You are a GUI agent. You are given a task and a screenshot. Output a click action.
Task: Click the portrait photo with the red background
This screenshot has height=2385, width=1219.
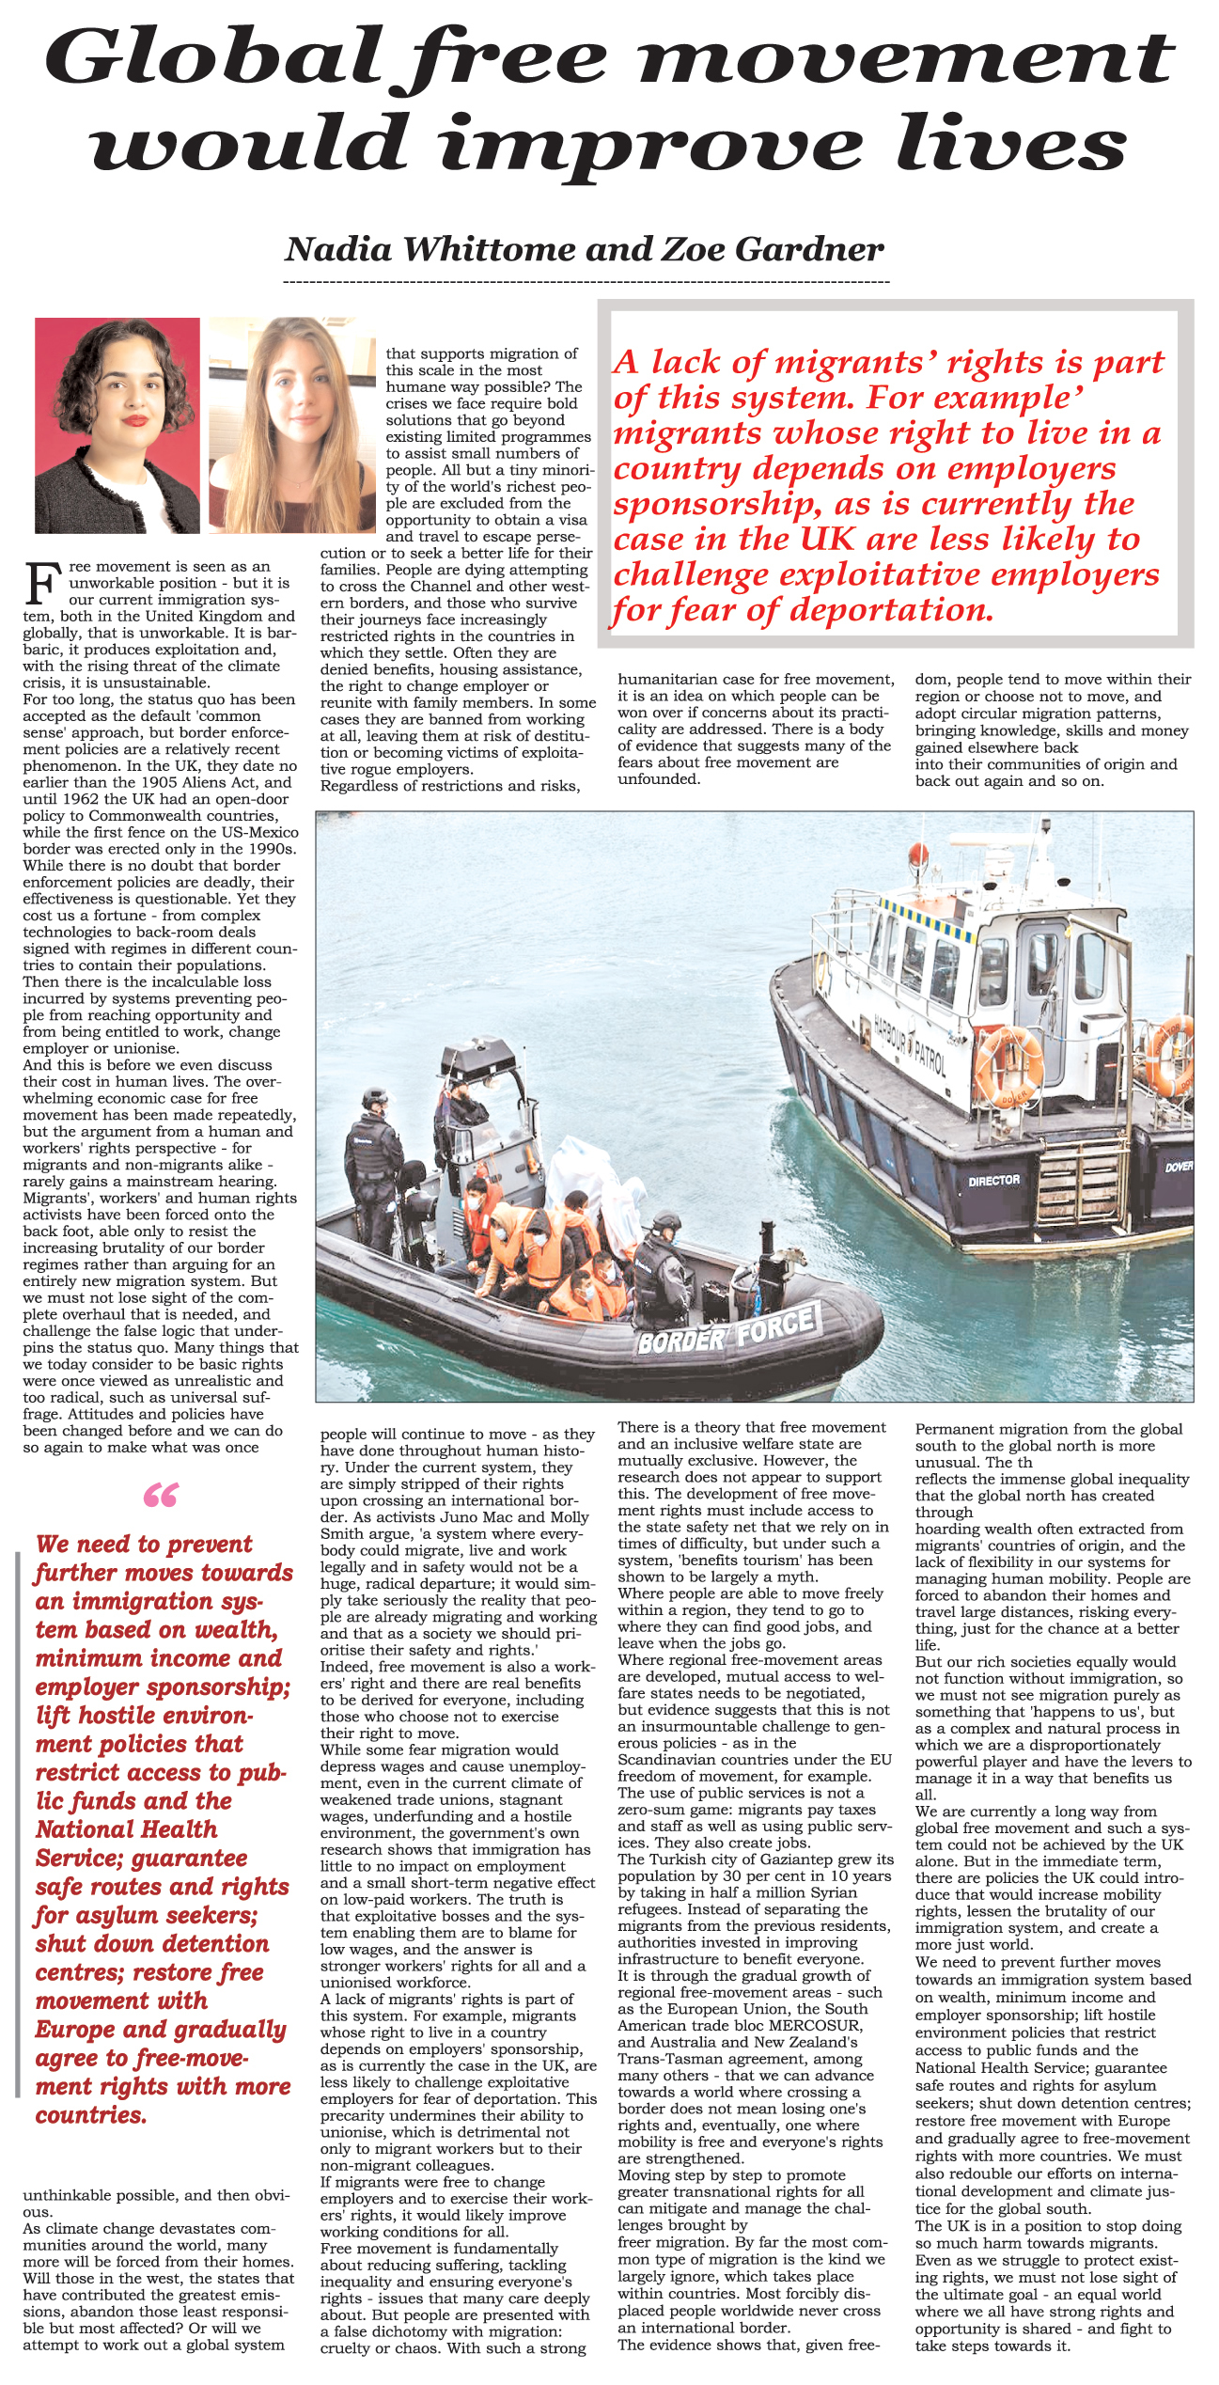coord(117,425)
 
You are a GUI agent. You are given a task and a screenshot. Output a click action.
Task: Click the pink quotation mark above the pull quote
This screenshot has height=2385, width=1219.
coord(161,1495)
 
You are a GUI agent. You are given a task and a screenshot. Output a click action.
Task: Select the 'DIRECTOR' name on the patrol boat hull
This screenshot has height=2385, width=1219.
coord(993,1181)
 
